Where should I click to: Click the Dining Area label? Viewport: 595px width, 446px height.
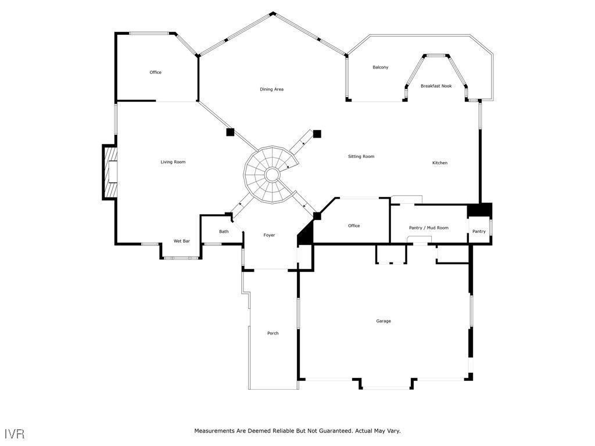271,89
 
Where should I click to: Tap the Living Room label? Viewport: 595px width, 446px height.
173,162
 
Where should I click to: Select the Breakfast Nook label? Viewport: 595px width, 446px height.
436,86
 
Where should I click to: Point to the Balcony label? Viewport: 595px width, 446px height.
380,67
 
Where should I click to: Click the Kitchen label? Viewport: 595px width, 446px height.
440,163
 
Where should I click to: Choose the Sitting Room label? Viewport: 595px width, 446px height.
361,157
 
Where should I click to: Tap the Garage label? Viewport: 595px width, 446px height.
383,321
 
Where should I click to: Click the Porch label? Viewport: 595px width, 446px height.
273,333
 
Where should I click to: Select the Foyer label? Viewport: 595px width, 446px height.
269,235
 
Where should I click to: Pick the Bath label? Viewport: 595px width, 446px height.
224,232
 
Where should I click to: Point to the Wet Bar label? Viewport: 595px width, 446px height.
182,241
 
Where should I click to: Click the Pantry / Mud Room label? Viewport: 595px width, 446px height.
429,228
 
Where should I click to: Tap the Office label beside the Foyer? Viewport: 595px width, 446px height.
354,226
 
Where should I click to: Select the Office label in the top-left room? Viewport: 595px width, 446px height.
156,73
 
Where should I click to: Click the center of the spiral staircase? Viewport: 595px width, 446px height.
271,174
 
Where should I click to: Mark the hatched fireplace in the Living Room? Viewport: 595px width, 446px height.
109,172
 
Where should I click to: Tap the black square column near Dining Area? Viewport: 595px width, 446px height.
230,132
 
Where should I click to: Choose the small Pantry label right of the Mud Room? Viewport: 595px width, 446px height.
479,232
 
